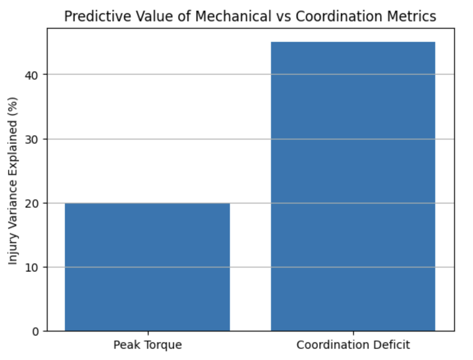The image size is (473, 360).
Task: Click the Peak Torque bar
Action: [147, 267]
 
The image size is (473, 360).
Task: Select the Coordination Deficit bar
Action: [353, 186]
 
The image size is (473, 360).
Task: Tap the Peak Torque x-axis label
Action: [147, 345]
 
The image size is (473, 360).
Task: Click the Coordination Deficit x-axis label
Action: [353, 345]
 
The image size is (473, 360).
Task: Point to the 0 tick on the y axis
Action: [37, 332]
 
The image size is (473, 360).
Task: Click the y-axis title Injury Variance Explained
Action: [14, 181]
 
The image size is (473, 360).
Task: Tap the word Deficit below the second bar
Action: [391, 345]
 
